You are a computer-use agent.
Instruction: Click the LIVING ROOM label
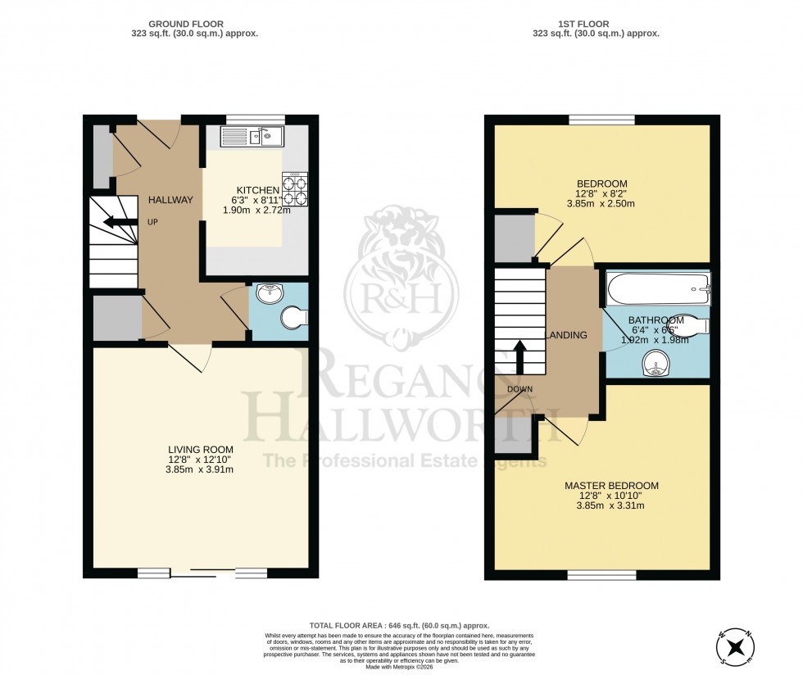[x=201, y=450]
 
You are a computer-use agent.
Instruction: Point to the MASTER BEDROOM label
[x=610, y=486]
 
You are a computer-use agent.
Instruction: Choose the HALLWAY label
[x=170, y=200]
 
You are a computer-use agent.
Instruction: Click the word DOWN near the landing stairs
[x=519, y=388]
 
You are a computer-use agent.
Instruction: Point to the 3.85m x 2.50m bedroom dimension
[x=602, y=203]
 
